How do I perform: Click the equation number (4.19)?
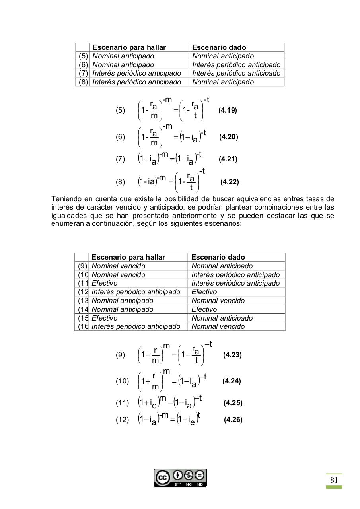228,111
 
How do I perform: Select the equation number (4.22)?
230,182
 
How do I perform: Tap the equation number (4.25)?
233,403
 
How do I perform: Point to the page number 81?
334,480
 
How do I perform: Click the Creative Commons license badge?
180,478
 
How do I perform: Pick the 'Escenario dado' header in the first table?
219,47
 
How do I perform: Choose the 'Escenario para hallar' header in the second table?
128,257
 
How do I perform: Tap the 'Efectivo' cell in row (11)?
104,283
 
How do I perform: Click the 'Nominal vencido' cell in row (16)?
218,326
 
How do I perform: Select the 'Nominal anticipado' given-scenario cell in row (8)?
223,82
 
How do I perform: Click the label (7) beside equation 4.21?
120,159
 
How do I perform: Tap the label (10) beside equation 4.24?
122,381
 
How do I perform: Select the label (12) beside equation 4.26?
122,420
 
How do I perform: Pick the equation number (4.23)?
232,355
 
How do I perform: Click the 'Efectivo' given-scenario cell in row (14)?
204,309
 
